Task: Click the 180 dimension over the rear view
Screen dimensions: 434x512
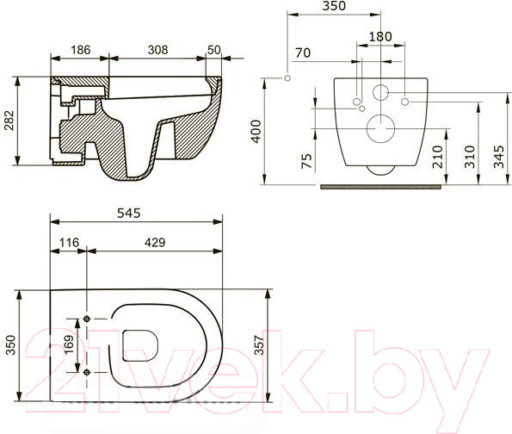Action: [x=379, y=37]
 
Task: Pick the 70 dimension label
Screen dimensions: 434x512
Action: [x=301, y=53]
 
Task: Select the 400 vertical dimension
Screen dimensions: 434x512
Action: [x=256, y=131]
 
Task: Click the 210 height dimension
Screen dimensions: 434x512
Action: [x=440, y=154]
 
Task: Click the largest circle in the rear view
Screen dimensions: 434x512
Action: [x=379, y=130]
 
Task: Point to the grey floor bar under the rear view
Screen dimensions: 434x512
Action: [x=381, y=183]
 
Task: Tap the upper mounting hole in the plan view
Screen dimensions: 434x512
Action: [x=86, y=320]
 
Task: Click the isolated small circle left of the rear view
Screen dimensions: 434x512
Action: [x=287, y=79]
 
